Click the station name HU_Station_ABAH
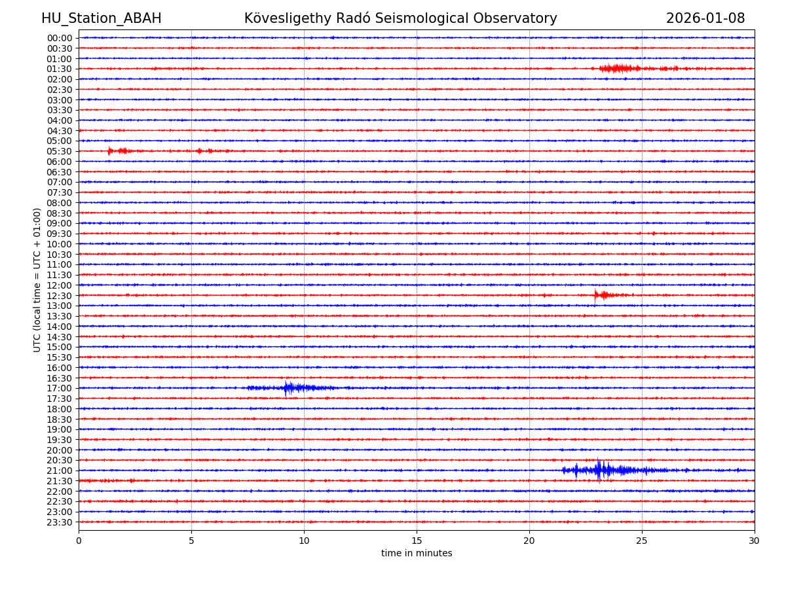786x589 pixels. [101, 18]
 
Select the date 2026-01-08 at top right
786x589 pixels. [705, 18]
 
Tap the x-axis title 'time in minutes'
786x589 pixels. [417, 554]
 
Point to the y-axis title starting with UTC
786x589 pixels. [37, 279]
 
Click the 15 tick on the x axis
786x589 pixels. [417, 541]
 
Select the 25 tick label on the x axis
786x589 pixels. [642, 541]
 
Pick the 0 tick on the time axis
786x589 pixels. [79, 541]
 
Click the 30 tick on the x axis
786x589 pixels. [755, 541]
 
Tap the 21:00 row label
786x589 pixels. [59, 471]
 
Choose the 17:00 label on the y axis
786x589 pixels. [59, 388]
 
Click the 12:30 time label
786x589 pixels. [59, 296]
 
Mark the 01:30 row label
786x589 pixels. [59, 69]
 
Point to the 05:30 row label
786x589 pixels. [59, 151]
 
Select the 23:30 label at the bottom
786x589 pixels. [59, 522]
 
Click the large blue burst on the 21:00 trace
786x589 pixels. [599, 470]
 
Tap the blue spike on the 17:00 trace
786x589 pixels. [286, 388]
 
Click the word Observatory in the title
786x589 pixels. [515, 18]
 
